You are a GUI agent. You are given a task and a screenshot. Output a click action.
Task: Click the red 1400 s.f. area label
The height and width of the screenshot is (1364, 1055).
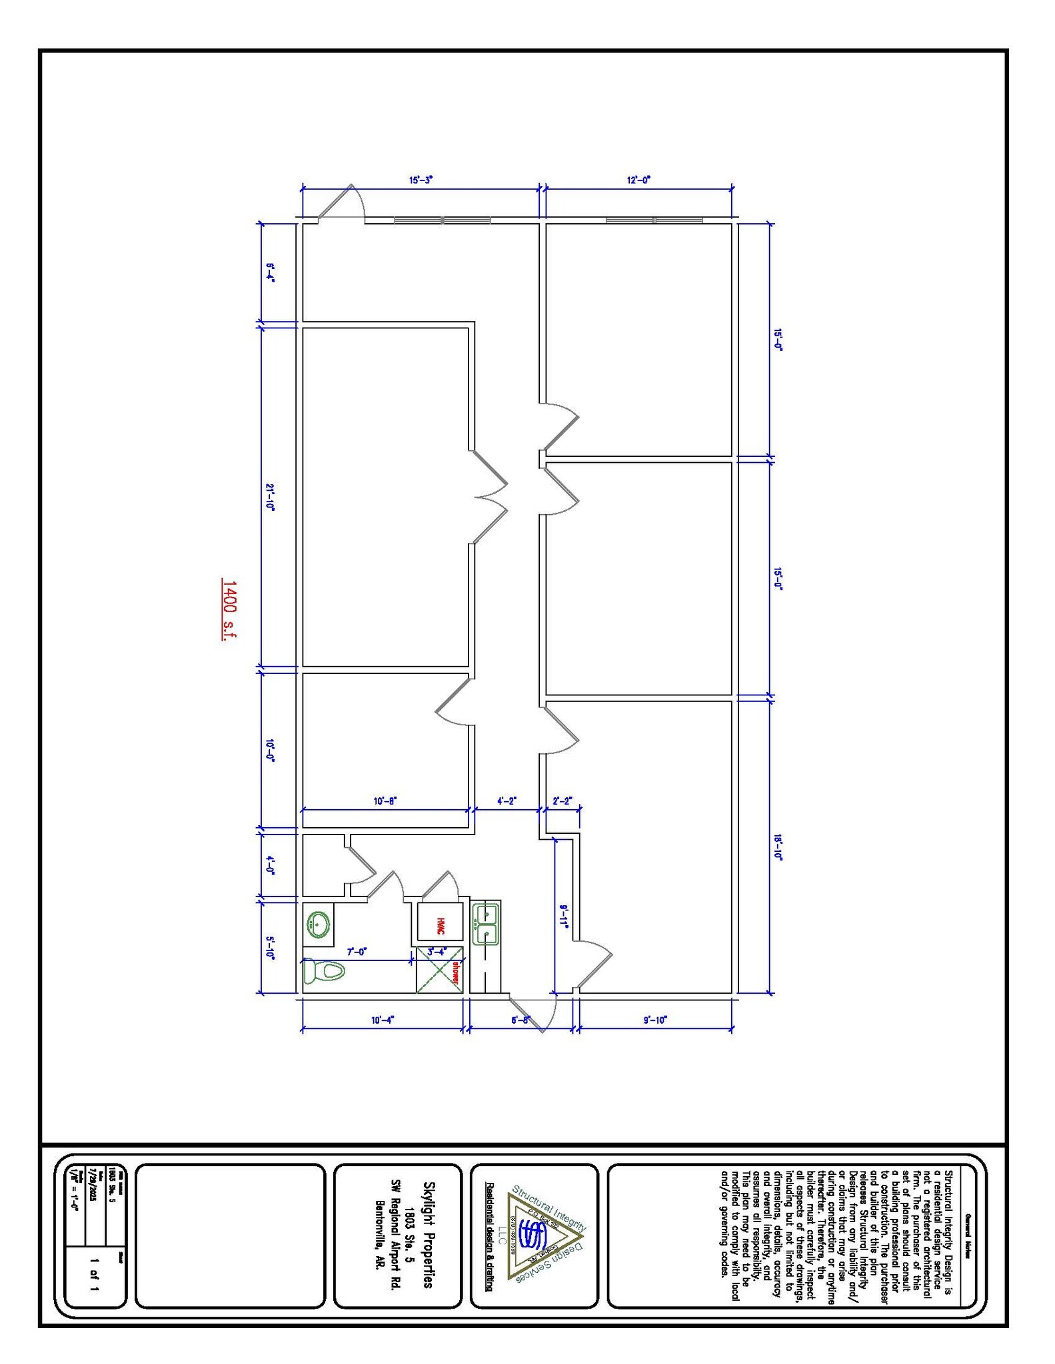coord(229,610)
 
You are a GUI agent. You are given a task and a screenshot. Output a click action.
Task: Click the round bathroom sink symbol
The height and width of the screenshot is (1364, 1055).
coord(318,924)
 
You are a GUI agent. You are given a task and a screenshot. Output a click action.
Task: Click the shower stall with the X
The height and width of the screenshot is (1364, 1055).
coord(439,970)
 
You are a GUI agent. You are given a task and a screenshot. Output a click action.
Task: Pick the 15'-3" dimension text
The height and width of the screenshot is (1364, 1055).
coord(421,180)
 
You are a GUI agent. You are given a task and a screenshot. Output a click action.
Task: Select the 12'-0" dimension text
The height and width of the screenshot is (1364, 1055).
coord(638,180)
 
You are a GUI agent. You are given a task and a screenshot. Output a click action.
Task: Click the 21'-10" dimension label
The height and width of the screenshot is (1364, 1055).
coord(270,497)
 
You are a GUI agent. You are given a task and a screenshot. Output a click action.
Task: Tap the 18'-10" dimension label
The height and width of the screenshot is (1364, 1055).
coord(777,848)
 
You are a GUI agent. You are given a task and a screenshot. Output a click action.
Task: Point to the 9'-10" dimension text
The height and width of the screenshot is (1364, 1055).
coord(655,1020)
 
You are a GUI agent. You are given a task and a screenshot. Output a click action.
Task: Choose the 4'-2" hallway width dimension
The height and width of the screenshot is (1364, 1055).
coord(507,801)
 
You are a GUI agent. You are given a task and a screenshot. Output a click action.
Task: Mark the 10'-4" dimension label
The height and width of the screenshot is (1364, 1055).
coord(383,1020)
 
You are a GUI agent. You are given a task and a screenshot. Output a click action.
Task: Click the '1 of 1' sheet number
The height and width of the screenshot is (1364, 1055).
coord(94,1273)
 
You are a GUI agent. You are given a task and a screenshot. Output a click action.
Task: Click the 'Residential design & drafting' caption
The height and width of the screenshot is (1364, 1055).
coord(489,1237)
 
